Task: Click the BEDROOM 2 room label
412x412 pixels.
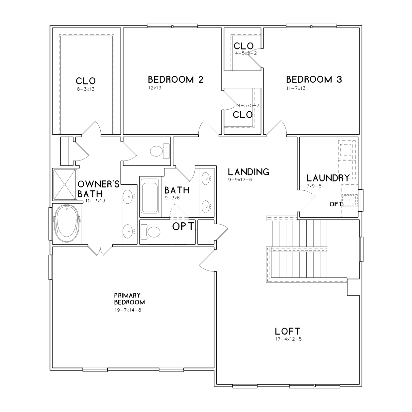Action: [175, 79]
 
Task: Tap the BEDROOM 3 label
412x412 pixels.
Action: [314, 79]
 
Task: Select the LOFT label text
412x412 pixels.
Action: [287, 331]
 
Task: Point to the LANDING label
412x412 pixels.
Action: [249, 172]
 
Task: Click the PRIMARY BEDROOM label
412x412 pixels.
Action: [129, 299]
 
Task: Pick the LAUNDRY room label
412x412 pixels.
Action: [328, 178]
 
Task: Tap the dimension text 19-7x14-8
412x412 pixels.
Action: [128, 310]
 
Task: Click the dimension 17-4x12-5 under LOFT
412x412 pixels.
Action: [288, 339]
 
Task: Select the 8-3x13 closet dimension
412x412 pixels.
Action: [85, 89]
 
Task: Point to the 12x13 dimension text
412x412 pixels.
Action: [154, 88]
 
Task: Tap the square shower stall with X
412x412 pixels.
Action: [64, 185]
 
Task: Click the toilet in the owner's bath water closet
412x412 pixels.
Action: [159, 151]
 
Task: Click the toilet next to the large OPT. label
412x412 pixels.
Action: [151, 232]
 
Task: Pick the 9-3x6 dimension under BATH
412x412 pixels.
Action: [172, 198]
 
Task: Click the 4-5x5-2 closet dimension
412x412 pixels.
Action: [246, 53]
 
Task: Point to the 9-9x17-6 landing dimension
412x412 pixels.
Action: [240, 180]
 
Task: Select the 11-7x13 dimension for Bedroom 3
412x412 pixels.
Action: [296, 88]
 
